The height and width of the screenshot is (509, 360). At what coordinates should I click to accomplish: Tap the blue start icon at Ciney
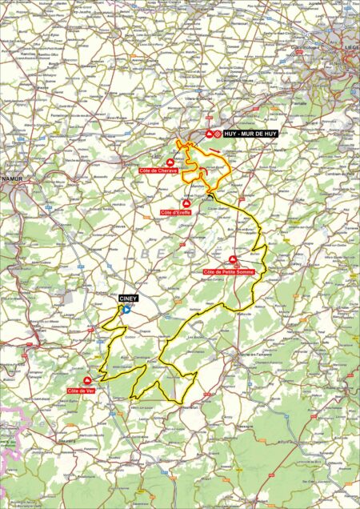pos(126,307)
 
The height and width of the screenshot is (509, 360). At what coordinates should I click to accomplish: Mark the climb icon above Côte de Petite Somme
pos(233,261)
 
